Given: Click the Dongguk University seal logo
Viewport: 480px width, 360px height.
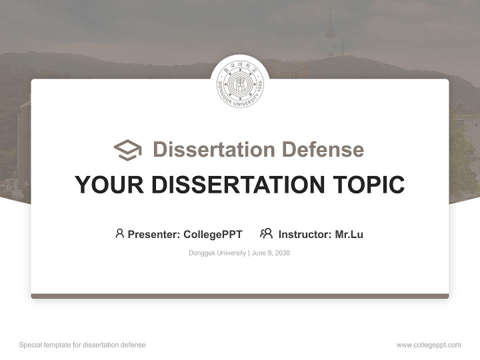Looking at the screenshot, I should [x=240, y=84].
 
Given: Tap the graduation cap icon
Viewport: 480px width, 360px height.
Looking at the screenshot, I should [x=127, y=149].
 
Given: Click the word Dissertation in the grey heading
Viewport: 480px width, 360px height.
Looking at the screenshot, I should [x=213, y=149].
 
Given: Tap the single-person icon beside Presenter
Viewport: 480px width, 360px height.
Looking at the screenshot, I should [x=119, y=233].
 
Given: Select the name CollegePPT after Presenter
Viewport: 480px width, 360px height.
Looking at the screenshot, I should [x=213, y=234].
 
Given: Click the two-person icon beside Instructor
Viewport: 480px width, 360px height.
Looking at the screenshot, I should [x=266, y=233].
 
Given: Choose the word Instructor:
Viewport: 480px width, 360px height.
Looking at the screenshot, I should [x=305, y=234].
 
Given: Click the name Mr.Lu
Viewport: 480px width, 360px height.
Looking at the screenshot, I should [x=349, y=234].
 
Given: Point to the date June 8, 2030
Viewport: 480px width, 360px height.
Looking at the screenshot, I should [x=271, y=253].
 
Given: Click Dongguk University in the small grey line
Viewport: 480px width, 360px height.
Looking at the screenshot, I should [x=217, y=253].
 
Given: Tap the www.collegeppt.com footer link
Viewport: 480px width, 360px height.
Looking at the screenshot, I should [x=428, y=345].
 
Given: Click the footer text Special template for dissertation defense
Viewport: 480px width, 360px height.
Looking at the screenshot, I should [x=82, y=345].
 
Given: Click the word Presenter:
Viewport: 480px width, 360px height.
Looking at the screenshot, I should [x=154, y=234].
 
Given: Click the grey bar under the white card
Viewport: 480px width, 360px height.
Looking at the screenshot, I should [x=240, y=296].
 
